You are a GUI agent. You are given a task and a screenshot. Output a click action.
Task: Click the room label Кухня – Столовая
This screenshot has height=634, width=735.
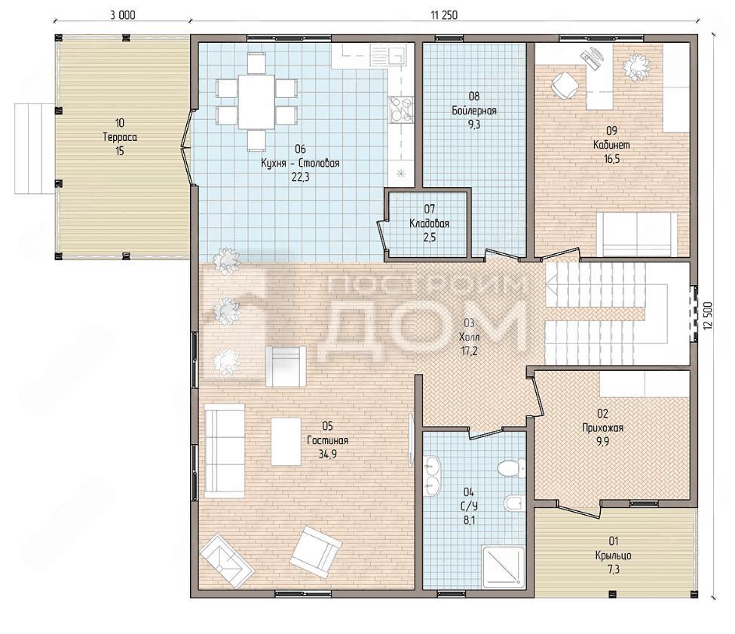(x=300, y=163)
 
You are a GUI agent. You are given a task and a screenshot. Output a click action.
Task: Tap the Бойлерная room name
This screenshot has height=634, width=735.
(x=474, y=111)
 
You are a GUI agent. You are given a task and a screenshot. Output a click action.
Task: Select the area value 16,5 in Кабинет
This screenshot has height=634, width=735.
(x=611, y=159)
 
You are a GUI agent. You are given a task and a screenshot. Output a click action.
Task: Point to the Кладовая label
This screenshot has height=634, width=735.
(x=430, y=223)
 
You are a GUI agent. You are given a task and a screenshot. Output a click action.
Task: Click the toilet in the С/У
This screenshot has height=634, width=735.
(x=510, y=467)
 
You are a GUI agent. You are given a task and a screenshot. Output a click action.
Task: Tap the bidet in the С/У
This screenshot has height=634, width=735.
(x=514, y=503)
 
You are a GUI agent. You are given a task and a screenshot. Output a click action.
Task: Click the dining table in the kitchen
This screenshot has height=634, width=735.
(x=256, y=102)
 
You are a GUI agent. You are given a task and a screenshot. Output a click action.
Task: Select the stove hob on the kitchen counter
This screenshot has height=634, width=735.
(x=401, y=109)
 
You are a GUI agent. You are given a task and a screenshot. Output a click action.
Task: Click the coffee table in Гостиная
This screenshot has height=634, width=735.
(x=286, y=442)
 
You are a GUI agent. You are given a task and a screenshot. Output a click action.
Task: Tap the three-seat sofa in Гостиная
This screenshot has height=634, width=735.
(x=225, y=451)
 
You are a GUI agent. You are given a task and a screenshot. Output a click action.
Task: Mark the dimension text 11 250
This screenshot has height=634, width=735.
(x=444, y=15)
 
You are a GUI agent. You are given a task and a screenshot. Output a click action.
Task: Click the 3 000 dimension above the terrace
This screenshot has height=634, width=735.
(x=123, y=15)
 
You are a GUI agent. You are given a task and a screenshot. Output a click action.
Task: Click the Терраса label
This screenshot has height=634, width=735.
(x=120, y=137)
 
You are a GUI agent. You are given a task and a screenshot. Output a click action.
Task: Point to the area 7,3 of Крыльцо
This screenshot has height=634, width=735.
(x=614, y=569)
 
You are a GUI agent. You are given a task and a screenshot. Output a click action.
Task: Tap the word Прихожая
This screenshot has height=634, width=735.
(x=602, y=427)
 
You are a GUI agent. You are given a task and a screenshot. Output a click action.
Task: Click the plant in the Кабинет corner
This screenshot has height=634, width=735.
(x=636, y=68)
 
